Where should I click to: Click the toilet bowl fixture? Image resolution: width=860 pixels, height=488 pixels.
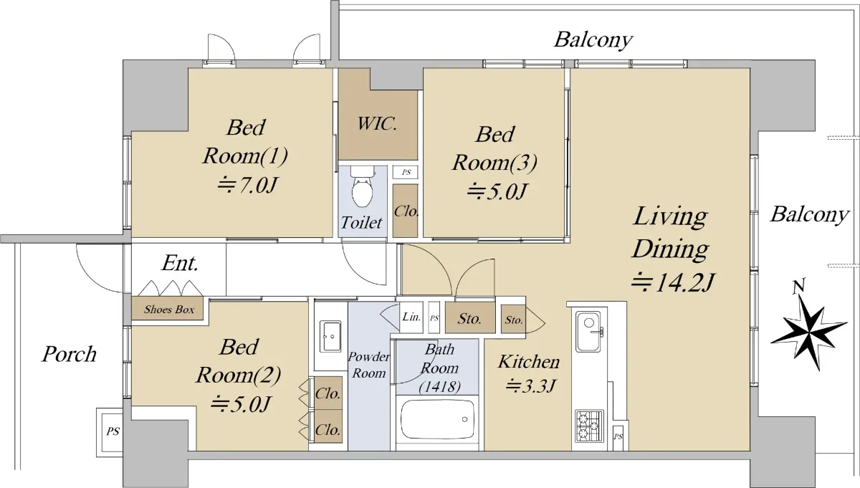tap(362, 187)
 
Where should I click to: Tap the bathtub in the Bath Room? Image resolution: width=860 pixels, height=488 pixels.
tap(437, 419)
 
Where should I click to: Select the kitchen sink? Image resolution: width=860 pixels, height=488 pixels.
tap(588, 332)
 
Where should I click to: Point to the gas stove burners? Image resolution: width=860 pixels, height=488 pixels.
tap(589, 426)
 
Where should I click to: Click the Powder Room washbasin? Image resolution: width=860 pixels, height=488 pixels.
tap(330, 336)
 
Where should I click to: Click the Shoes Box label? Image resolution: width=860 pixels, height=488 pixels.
tap(169, 310)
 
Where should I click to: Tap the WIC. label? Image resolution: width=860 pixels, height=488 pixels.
tap(377, 124)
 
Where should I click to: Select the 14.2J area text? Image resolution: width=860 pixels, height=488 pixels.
tap(672, 283)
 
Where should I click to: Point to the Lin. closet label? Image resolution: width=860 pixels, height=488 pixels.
tap(411, 317)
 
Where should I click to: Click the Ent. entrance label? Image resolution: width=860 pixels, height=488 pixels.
tap(180, 264)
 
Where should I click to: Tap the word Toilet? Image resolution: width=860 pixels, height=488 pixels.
tap(361, 223)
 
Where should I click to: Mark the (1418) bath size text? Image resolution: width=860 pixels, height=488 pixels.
tap(439, 387)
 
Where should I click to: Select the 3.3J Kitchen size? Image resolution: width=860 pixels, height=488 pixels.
tap(530, 386)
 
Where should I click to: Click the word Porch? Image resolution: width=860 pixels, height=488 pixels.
tap(69, 354)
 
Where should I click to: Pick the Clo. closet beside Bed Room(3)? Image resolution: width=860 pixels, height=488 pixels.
tap(405, 211)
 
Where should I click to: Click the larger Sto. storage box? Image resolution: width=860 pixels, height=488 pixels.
tap(470, 318)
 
